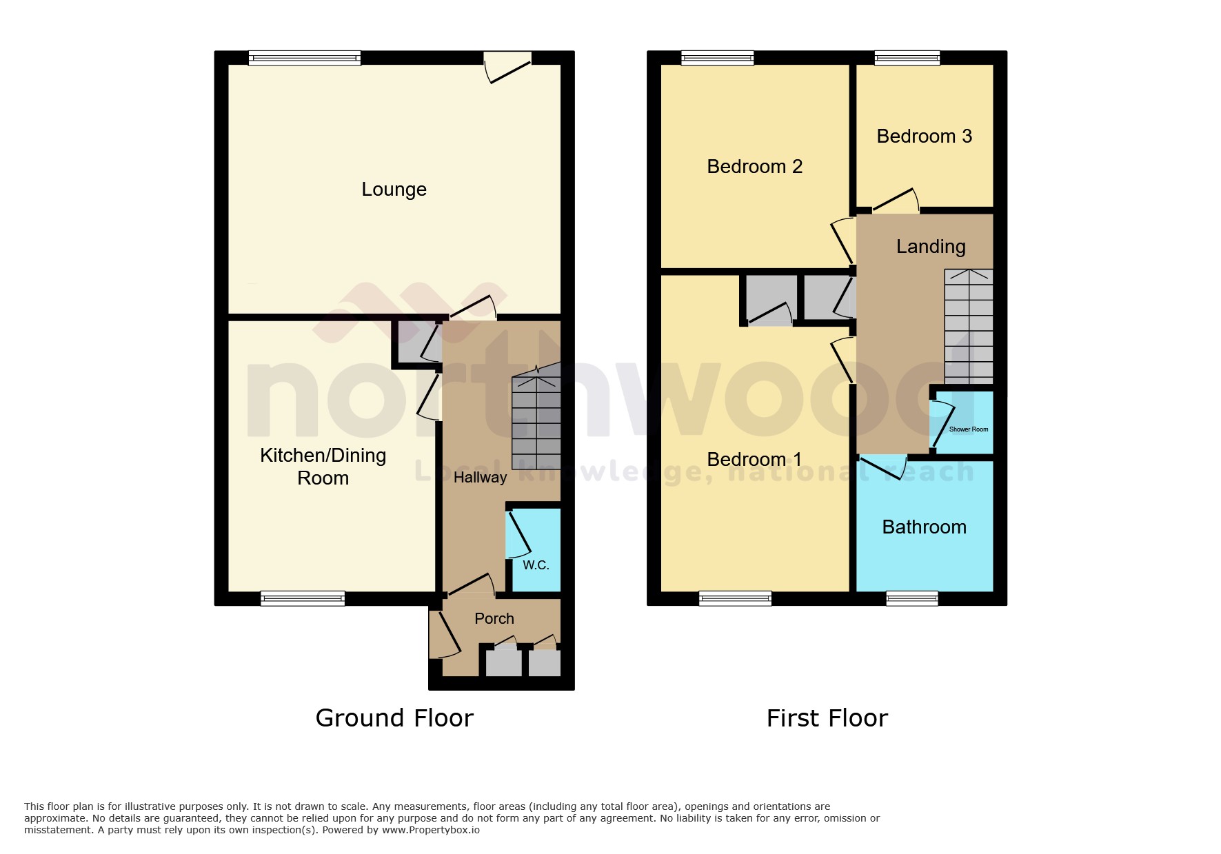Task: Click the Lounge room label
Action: [x=394, y=190]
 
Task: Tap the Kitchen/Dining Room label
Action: [x=323, y=467]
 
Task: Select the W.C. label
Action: [x=536, y=565]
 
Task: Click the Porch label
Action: [x=494, y=619]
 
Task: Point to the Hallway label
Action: [x=480, y=478]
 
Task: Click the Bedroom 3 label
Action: [x=924, y=136]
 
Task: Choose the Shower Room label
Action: [x=968, y=429]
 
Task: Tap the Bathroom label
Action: [x=924, y=527]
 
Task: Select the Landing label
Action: [x=931, y=247]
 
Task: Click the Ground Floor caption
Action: [x=394, y=718]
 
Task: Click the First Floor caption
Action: [x=827, y=718]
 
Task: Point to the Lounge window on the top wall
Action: [x=305, y=58]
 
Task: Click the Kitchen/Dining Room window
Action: [x=303, y=598]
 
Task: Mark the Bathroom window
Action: [x=911, y=598]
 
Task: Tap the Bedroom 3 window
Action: [x=907, y=58]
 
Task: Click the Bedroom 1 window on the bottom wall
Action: [x=735, y=598]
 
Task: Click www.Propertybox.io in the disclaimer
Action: [x=431, y=830]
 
